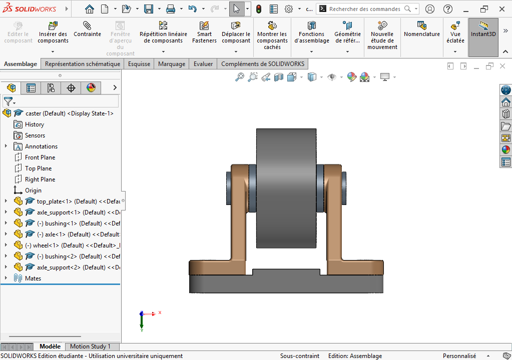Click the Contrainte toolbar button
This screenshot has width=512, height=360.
tap(87, 29)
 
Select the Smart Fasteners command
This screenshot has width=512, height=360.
tap(204, 32)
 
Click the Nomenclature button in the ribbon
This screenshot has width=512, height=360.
tap(421, 29)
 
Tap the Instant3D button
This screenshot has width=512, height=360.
tap(483, 29)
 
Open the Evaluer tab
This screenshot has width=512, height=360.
tap(203, 64)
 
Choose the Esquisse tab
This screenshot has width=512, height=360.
tap(139, 64)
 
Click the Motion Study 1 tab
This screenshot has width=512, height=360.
tap(90, 346)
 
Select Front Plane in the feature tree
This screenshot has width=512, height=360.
tap(40, 157)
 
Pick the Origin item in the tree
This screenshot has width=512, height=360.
tap(33, 190)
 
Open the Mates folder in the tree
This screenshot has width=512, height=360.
tap(33, 278)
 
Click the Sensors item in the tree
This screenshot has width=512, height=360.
tap(35, 135)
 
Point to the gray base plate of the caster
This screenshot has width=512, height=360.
tap(286, 285)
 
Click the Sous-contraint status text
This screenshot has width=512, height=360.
tap(299, 356)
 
